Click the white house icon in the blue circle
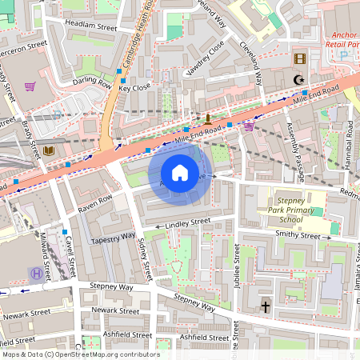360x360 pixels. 180,172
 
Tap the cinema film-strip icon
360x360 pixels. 299,58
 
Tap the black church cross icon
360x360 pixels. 265,306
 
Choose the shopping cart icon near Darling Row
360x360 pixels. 30,86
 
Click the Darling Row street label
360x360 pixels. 92,81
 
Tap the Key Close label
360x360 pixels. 134,88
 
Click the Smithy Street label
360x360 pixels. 298,234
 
